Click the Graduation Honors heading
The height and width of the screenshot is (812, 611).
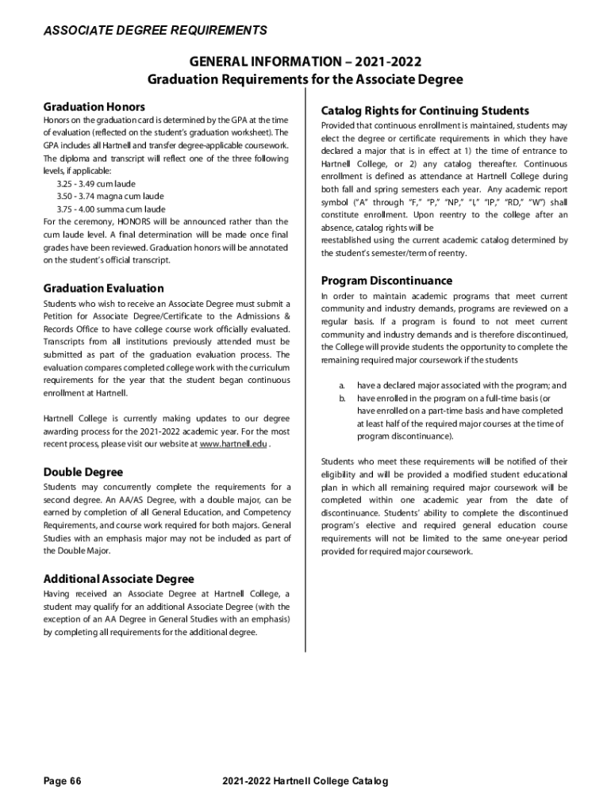(x=94, y=106)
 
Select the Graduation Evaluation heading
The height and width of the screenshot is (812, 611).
(x=103, y=289)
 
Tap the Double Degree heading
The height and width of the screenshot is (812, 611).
(x=83, y=472)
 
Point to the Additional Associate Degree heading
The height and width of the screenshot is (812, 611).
(x=118, y=579)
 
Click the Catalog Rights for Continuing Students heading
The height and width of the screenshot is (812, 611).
(x=425, y=110)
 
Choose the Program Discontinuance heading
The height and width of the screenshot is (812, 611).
(x=386, y=281)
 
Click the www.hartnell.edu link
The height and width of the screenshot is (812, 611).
(x=232, y=444)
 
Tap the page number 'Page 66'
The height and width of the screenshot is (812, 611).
(x=63, y=782)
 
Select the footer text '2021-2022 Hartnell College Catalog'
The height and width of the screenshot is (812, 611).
(x=306, y=782)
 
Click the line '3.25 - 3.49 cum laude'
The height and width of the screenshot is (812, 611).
(x=96, y=183)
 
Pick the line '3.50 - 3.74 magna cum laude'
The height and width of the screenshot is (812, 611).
(x=110, y=196)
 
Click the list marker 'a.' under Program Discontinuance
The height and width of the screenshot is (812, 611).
(x=343, y=385)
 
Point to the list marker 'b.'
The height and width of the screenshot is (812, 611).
(x=343, y=398)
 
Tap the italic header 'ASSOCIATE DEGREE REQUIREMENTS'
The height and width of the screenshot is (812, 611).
(x=155, y=31)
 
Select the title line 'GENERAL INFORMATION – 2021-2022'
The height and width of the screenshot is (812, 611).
(x=305, y=62)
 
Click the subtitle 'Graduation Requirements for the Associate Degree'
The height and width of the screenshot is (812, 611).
(x=305, y=79)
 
